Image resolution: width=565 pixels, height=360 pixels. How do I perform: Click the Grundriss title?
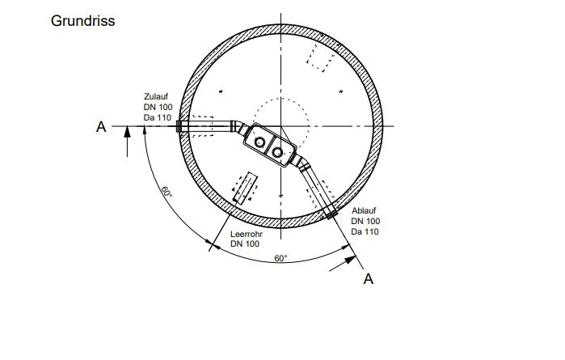coord(83,21)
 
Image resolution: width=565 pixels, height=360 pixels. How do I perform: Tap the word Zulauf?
coord(156,96)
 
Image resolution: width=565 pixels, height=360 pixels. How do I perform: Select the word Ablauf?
coord(364,210)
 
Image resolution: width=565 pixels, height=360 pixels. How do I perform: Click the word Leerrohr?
coord(247,234)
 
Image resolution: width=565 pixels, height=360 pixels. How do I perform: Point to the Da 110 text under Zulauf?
coord(158,117)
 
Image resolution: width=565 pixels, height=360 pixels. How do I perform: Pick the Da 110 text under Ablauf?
coord(365,231)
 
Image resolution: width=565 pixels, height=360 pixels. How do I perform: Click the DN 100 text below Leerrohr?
coord(245,244)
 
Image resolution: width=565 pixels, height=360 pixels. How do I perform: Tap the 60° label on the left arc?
coord(167,192)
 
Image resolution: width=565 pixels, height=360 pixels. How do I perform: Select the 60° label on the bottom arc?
coord(280,258)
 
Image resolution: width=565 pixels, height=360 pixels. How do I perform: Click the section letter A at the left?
coord(101,127)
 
